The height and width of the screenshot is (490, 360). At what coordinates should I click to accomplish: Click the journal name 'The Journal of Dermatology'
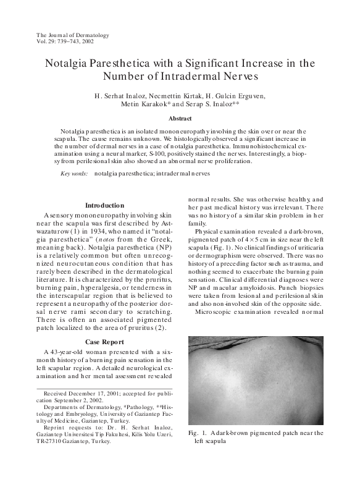click(73, 35)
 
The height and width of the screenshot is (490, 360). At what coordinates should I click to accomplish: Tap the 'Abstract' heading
click(180, 118)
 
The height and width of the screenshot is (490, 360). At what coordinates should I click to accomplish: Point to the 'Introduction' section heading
click(104, 205)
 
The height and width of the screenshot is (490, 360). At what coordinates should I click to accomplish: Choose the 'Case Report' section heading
click(104, 342)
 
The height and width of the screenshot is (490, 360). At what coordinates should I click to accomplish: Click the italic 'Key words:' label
click(73, 174)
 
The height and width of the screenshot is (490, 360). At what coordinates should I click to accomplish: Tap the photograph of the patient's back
click(255, 380)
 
